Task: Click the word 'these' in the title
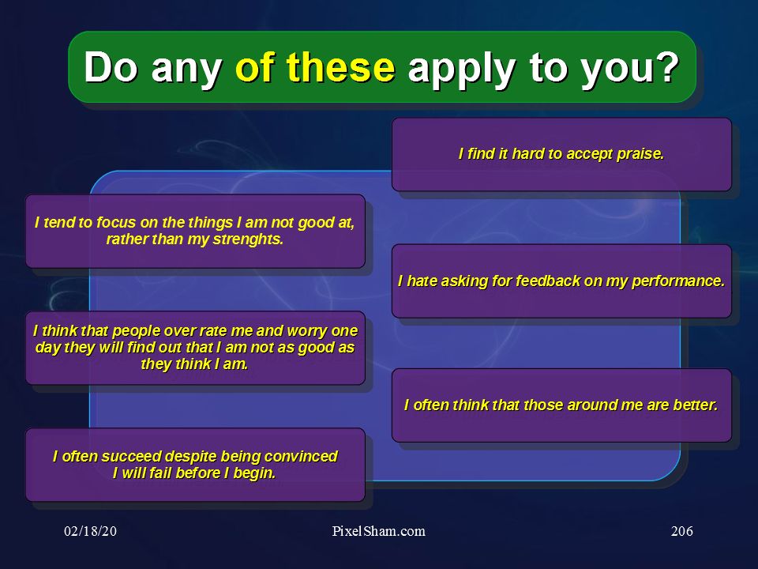(x=341, y=67)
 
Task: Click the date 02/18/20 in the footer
(x=90, y=531)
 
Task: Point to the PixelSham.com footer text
(x=378, y=531)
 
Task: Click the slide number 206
(x=682, y=531)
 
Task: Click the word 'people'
(x=137, y=332)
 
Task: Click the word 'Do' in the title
(x=111, y=67)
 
